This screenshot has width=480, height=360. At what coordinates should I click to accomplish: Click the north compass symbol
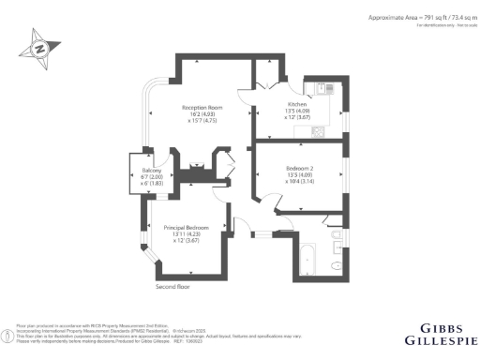(43, 47)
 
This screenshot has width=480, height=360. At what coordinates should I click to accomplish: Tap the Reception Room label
(200, 108)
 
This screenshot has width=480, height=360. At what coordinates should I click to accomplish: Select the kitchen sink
(323, 88)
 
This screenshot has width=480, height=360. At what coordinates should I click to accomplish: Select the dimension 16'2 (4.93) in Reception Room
(200, 114)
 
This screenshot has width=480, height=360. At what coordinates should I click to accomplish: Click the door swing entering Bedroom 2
(267, 202)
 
